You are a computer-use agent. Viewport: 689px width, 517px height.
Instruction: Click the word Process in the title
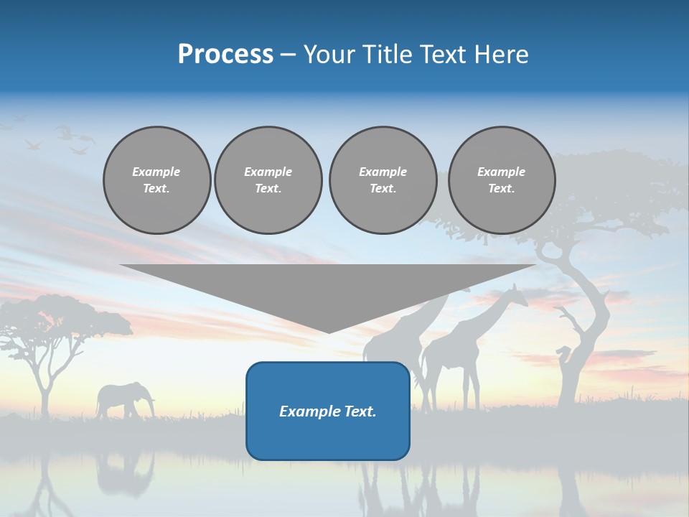(x=225, y=55)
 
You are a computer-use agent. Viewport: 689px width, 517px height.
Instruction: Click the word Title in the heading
(x=388, y=55)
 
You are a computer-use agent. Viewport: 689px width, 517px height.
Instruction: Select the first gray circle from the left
(x=156, y=180)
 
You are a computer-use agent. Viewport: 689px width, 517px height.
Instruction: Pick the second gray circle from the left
(x=268, y=180)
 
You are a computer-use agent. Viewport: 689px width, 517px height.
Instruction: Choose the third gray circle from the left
(x=383, y=180)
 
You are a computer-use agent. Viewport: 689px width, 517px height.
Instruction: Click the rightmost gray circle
(x=501, y=180)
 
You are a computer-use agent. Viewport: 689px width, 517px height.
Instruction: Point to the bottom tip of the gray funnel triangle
(x=329, y=332)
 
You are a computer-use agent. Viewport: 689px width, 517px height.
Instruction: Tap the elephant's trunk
(x=151, y=406)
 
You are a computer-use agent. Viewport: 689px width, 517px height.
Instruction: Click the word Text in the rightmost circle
(x=501, y=189)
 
